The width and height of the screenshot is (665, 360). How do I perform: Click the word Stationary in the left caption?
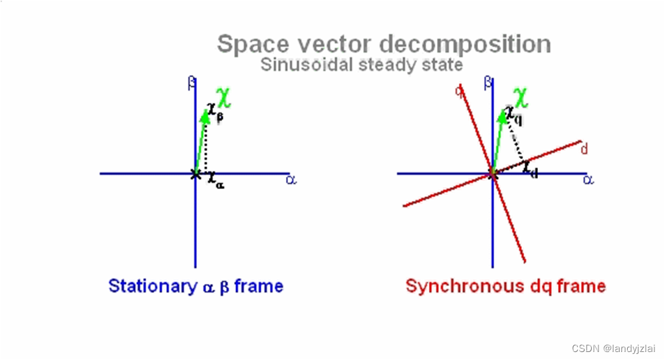(152, 286)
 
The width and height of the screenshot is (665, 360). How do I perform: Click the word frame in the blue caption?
(258, 286)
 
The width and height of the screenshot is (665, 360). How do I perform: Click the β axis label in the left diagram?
(192, 84)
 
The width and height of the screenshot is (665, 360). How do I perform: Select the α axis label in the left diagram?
(290, 179)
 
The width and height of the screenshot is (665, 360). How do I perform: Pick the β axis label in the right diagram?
(489, 84)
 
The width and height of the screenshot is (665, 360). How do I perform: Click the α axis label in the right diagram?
(587, 179)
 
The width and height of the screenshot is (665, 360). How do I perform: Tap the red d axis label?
(584, 149)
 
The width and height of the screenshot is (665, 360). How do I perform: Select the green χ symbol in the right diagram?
(522, 98)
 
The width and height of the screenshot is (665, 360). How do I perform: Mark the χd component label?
(530, 169)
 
